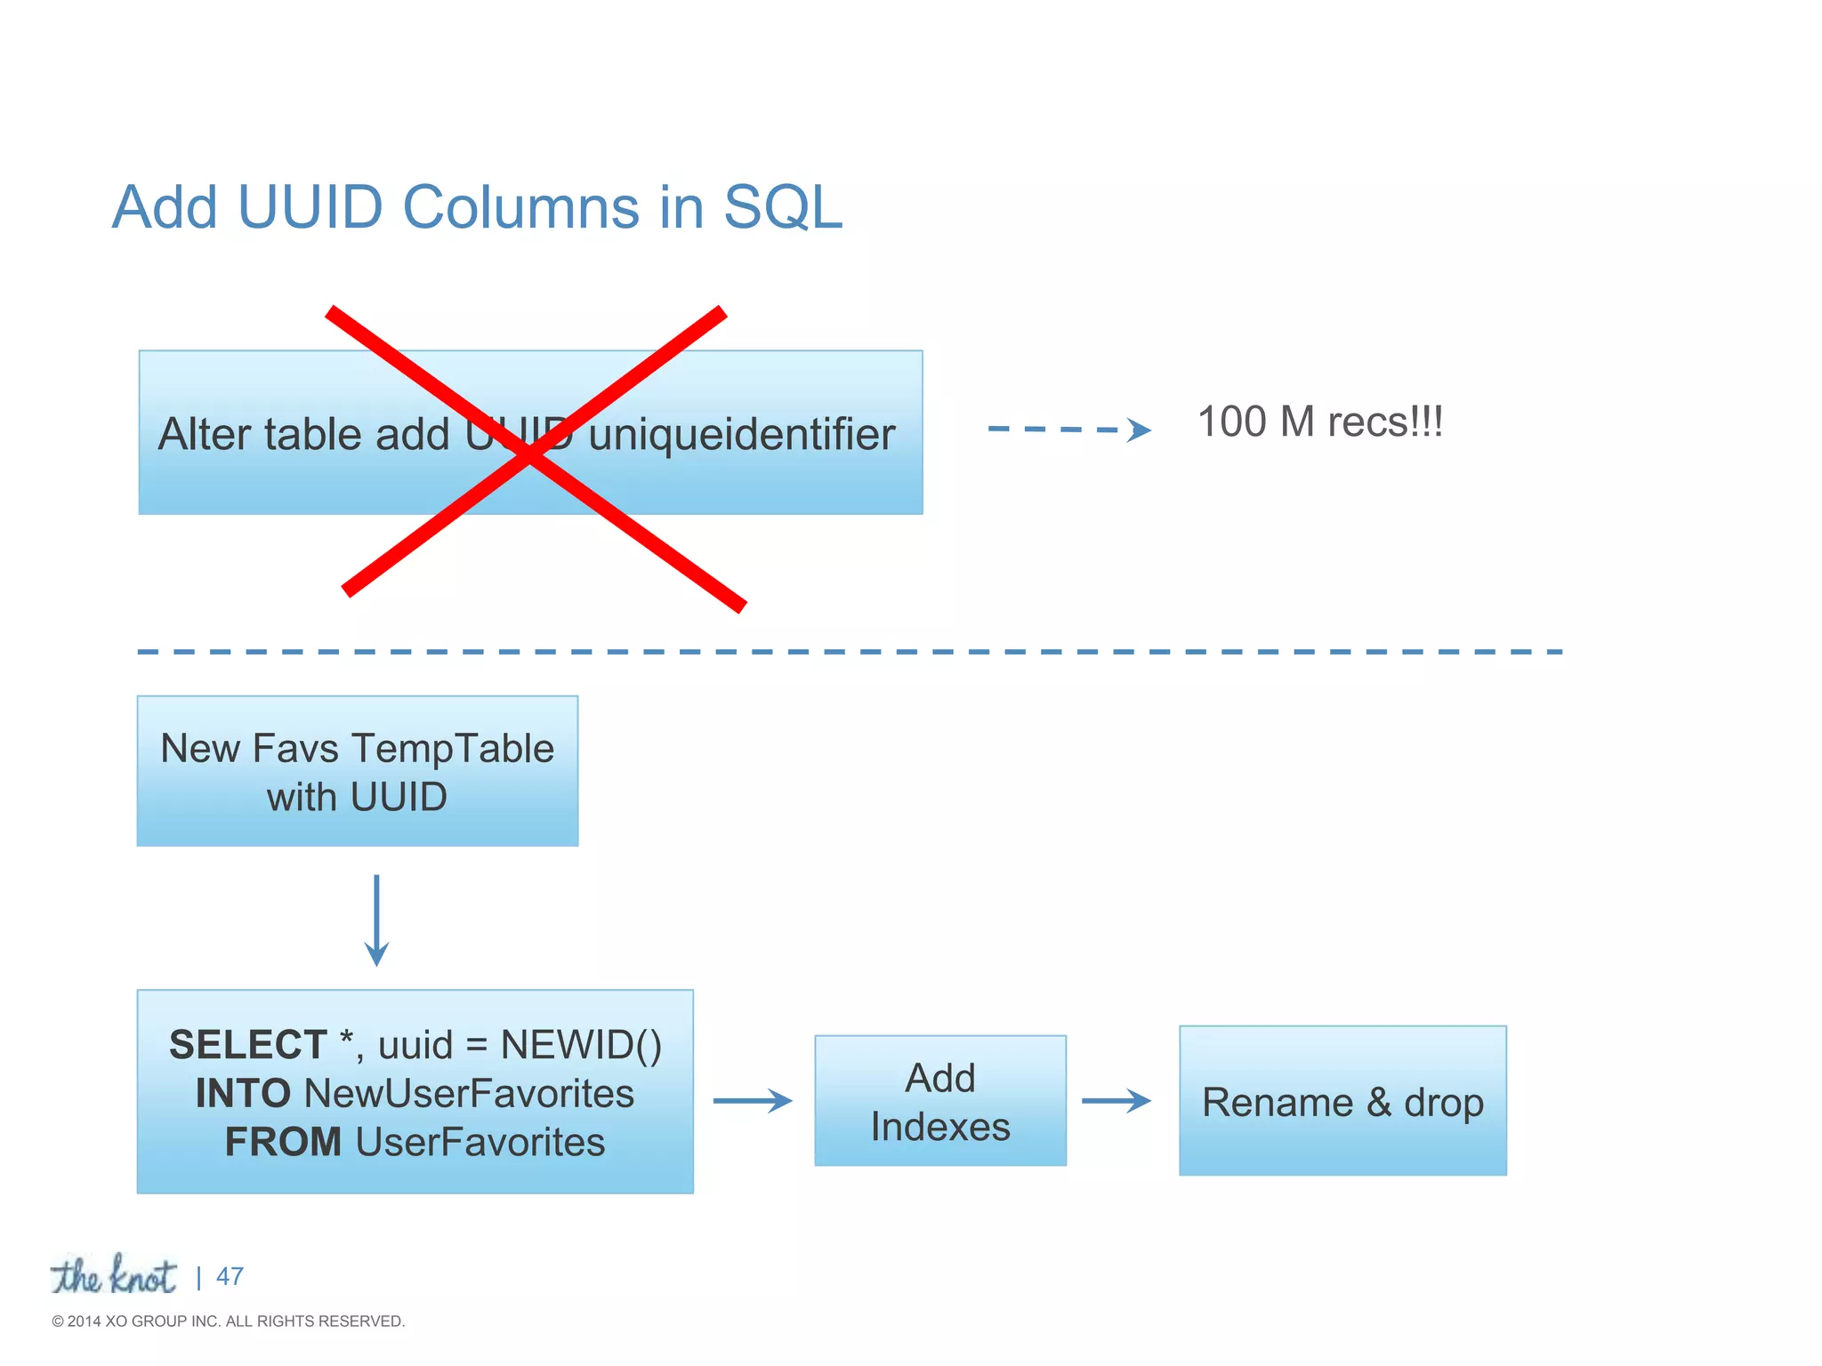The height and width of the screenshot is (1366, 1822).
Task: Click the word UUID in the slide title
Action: point(310,207)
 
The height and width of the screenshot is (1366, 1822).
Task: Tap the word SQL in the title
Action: point(783,207)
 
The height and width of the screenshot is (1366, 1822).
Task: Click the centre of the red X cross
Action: point(532,454)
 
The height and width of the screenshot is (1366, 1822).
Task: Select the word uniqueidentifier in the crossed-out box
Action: point(741,435)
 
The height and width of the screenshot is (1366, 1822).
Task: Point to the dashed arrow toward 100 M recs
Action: point(1068,430)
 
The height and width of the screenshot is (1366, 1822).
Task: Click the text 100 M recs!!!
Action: point(1319,422)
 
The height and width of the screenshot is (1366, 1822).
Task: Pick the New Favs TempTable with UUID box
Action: point(358,771)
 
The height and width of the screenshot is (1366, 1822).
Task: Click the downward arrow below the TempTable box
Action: point(376,920)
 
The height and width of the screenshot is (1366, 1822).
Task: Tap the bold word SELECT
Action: point(248,1045)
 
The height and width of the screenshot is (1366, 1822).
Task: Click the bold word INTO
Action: point(243,1094)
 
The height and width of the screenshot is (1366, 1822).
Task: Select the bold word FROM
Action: point(283,1143)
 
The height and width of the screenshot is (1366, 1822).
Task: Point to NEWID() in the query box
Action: point(581,1045)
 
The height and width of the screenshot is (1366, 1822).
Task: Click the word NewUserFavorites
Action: point(469,1094)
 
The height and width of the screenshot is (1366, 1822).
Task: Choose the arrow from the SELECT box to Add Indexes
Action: point(753,1101)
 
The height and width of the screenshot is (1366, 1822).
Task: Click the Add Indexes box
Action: point(940,1101)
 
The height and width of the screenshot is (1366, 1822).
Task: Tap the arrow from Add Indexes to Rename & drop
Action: point(1117,1101)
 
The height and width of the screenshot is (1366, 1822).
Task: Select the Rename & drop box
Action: point(1342,1101)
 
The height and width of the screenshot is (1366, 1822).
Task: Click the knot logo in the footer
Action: point(114,1275)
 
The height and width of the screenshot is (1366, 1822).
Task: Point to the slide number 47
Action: point(230,1276)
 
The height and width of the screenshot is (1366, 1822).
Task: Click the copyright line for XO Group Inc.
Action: point(229,1322)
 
